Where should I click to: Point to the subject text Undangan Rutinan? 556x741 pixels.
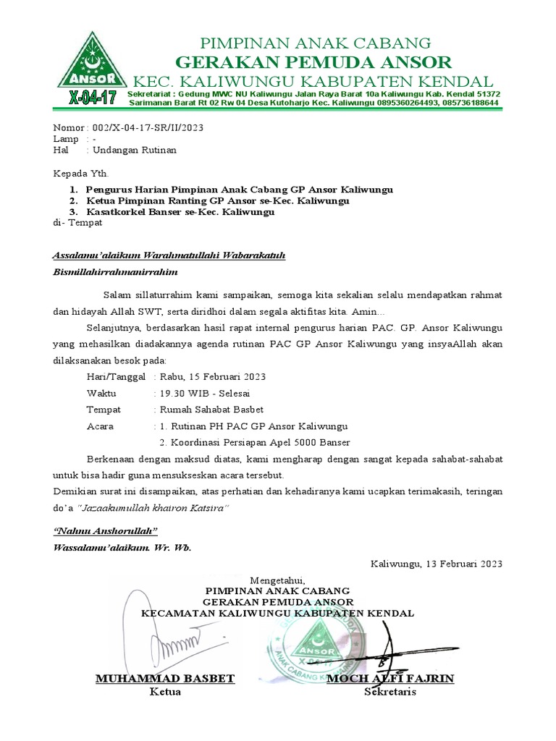pyautogui.click(x=131, y=151)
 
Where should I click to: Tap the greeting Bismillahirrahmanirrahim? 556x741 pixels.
pyautogui.click(x=115, y=272)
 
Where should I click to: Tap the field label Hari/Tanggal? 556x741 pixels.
pyautogui.click(x=116, y=377)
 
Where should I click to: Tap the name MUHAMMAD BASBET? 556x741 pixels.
pyautogui.click(x=165, y=678)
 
